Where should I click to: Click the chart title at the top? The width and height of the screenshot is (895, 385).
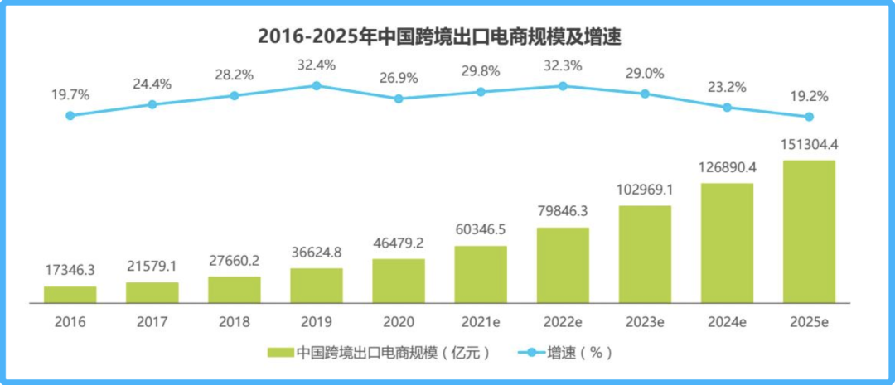439,36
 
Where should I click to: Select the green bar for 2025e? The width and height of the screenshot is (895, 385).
809,231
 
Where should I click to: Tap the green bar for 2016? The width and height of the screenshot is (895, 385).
70,294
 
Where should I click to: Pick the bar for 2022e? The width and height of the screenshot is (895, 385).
563,265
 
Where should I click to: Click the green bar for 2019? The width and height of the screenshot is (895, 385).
317,285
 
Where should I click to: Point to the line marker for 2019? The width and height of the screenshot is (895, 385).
317,85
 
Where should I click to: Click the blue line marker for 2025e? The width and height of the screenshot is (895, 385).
809,116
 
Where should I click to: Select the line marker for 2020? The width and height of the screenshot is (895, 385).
399,99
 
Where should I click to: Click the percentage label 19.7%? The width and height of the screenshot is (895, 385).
70,96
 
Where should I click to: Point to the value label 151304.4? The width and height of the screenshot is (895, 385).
809,146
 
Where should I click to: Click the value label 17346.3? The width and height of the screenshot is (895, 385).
70,271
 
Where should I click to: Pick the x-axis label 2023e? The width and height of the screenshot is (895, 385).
645,320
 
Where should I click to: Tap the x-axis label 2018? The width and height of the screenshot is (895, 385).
235,320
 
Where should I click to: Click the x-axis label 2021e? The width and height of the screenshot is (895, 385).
481,320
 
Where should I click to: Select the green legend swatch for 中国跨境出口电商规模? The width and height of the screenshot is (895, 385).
280,353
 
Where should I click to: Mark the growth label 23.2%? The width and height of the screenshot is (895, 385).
727,87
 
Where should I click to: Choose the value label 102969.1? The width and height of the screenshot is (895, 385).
645,190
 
